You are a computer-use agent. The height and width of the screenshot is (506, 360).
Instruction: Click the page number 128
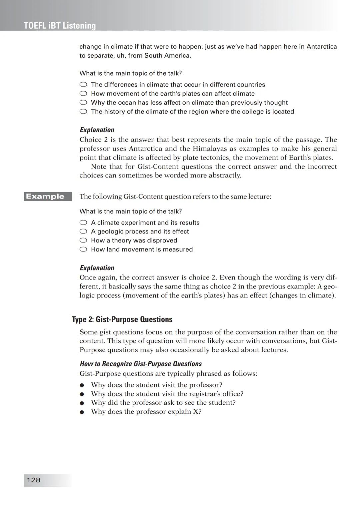[x=33, y=480]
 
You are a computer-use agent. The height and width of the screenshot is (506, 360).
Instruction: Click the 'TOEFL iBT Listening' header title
[x=60, y=26]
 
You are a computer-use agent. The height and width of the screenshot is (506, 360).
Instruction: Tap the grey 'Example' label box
[x=45, y=197]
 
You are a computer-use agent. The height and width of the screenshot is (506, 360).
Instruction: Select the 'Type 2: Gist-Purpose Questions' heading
[x=122, y=319]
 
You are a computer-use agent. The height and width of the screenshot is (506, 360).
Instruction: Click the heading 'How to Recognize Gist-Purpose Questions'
[x=141, y=364]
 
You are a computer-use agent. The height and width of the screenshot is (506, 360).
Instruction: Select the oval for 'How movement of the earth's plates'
[x=83, y=94]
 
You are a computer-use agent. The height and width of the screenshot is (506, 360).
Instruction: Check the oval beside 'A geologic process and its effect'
[x=83, y=232]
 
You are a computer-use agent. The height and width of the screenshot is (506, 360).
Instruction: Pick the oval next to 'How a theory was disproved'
[x=83, y=241]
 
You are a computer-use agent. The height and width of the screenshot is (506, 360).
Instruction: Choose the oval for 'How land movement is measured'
[x=83, y=250]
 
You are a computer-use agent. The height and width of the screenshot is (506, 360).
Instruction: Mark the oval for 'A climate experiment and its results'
[x=83, y=223]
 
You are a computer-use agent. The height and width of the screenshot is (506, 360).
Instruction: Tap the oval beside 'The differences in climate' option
[x=83, y=85]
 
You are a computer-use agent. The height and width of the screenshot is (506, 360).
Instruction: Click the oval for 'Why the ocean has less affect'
[x=83, y=103]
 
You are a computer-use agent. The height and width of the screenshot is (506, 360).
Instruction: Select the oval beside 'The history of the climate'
[x=83, y=112]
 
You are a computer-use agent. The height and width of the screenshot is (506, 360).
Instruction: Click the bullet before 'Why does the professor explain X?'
[x=82, y=412]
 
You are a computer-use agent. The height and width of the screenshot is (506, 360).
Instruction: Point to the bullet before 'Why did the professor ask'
[x=82, y=403]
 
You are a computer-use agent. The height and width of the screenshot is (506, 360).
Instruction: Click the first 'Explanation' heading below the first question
[x=97, y=130]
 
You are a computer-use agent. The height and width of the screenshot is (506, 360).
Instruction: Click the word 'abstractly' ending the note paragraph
[x=224, y=176]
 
